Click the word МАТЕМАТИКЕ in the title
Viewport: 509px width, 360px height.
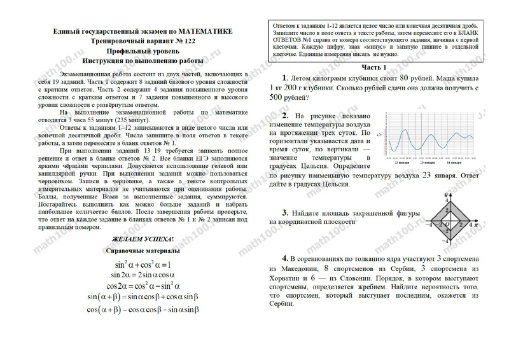point(197,31)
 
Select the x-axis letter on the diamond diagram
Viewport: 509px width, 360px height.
point(477,225)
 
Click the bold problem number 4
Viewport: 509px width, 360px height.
point(286,260)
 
